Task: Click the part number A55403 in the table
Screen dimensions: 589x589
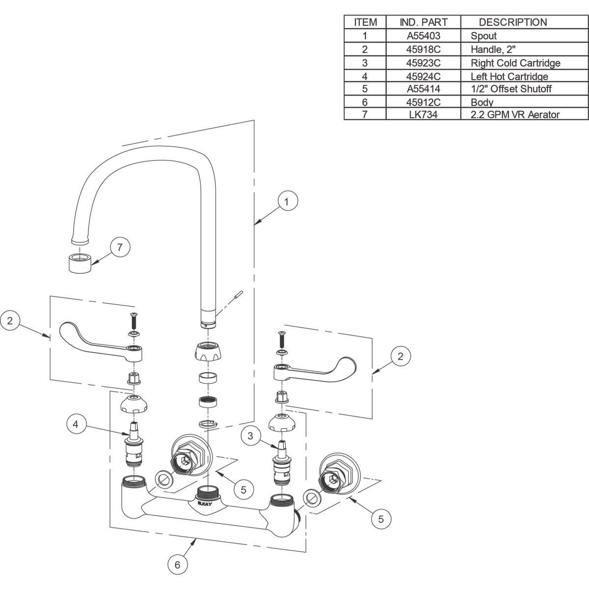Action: pyautogui.click(x=423, y=36)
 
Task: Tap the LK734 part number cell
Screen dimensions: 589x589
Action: pyautogui.click(x=423, y=114)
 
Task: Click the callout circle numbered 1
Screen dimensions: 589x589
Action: pyautogui.click(x=288, y=201)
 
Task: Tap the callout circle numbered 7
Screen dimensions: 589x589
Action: pyautogui.click(x=120, y=247)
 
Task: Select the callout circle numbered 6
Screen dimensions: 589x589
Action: pyautogui.click(x=178, y=564)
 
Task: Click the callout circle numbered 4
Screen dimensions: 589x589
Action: pyautogui.click(x=76, y=424)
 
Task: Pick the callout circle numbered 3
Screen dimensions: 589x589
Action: pyautogui.click(x=250, y=436)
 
